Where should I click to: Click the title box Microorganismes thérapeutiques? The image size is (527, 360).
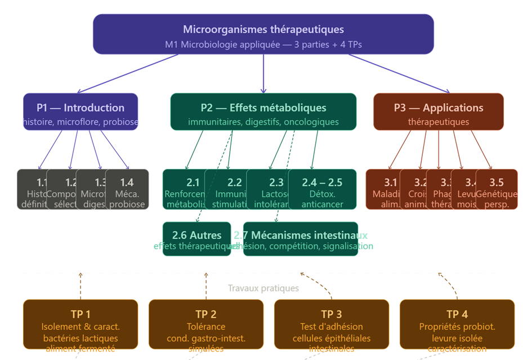click(263, 34)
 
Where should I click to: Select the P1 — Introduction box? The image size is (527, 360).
click(81, 112)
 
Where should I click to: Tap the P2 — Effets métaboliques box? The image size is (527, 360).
click(263, 112)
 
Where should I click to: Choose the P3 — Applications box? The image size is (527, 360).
click(438, 112)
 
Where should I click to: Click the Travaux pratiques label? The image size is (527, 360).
click(263, 288)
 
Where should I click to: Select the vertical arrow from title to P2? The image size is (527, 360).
click(263, 73)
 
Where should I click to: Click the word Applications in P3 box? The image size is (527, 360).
click(453, 108)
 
